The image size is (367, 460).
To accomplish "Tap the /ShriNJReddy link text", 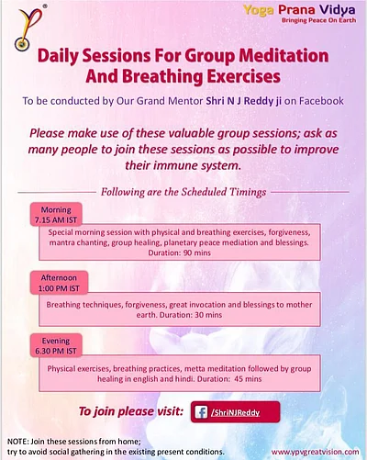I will [x=239, y=411].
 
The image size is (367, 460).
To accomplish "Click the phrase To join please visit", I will [x=129, y=410].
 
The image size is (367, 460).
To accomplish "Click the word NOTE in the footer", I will [x=16, y=443].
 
